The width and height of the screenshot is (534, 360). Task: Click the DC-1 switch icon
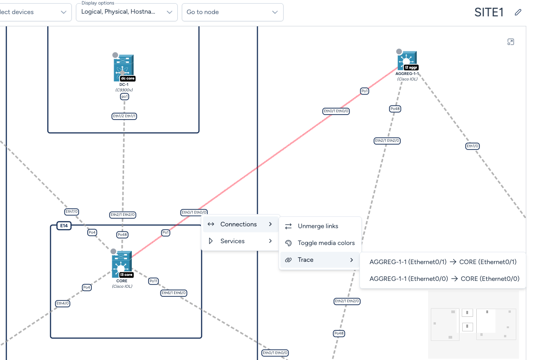(124, 68)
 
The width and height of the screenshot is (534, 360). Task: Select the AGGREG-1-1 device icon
(407, 60)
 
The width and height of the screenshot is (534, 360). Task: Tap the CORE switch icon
(122, 264)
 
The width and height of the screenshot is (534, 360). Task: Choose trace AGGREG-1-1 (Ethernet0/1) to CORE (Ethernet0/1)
(443, 262)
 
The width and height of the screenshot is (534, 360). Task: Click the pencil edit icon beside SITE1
(518, 12)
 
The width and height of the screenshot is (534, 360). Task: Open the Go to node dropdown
(233, 12)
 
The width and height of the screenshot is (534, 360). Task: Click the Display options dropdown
(127, 12)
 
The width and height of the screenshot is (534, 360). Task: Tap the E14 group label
(64, 225)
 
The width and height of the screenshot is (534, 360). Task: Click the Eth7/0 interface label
(71, 211)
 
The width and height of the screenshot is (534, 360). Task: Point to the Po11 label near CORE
(154, 281)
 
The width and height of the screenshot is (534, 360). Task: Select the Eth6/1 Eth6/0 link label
(174, 293)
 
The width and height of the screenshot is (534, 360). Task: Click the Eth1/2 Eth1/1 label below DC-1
(125, 116)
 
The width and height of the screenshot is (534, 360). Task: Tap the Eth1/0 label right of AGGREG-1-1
(472, 146)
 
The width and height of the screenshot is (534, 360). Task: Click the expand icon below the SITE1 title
(510, 42)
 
